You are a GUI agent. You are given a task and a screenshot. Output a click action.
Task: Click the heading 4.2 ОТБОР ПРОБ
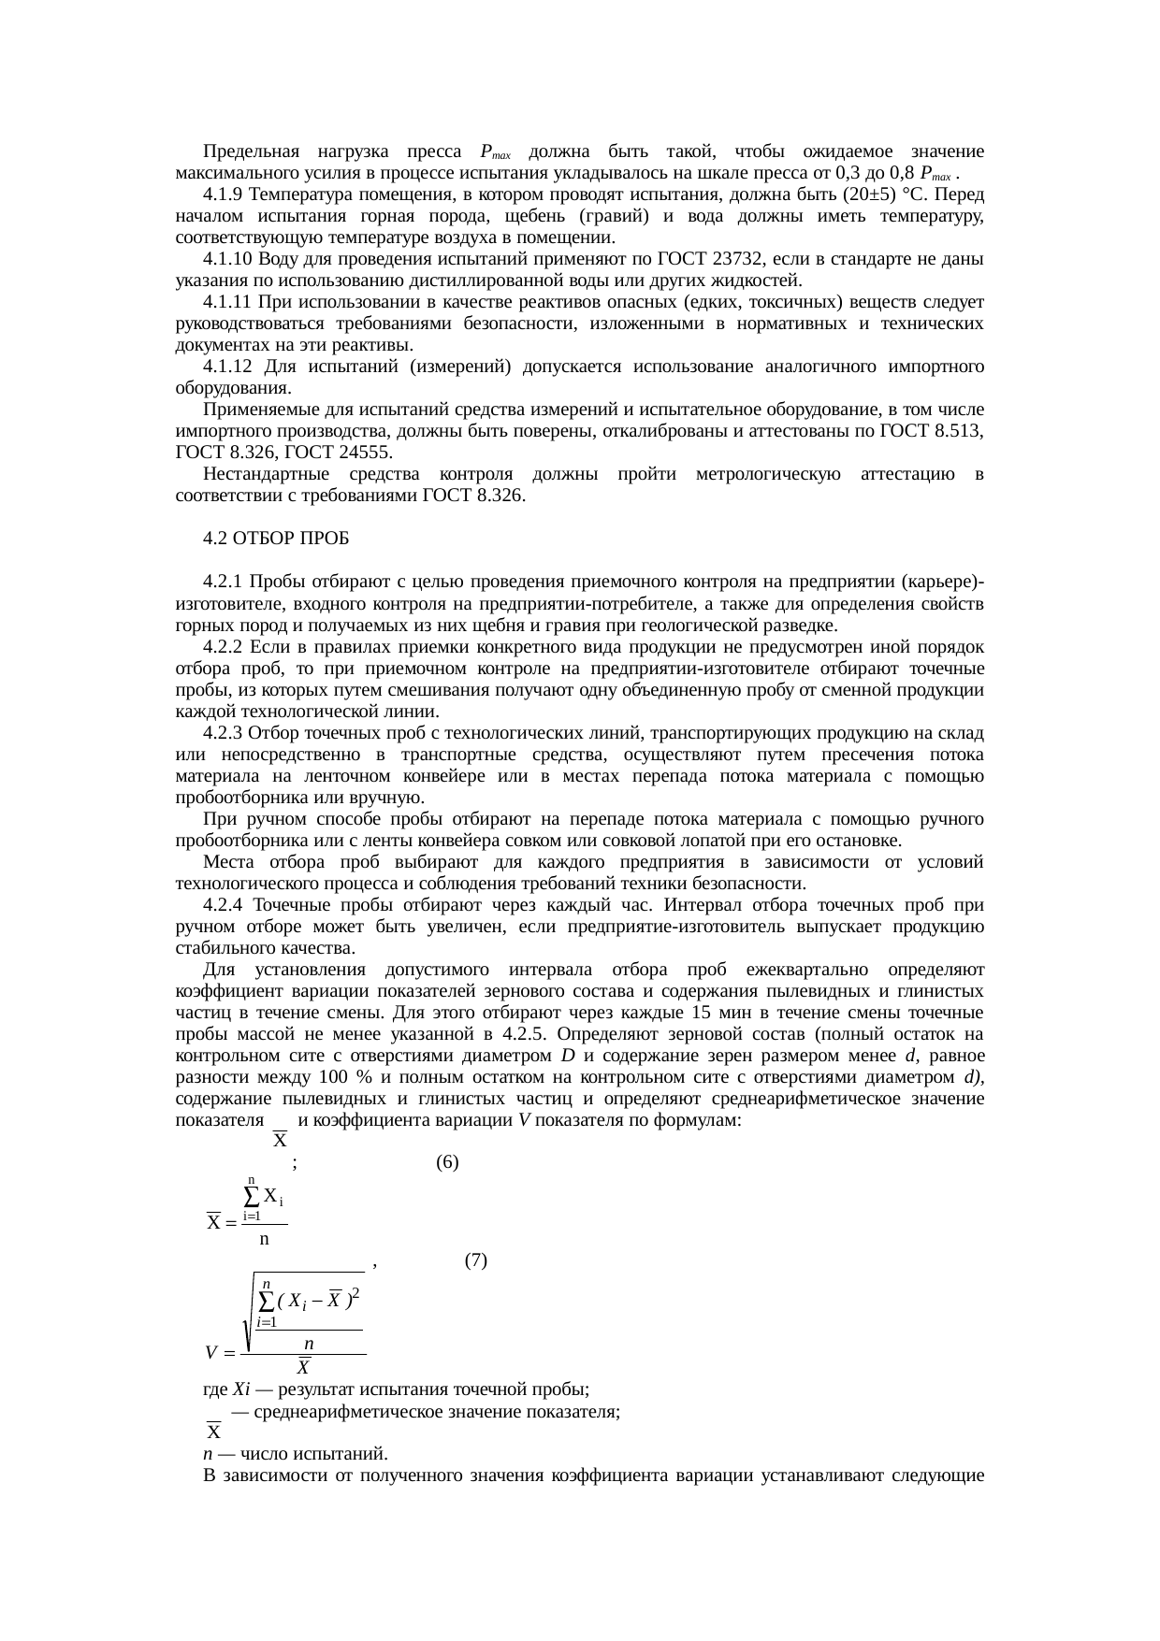point(275,539)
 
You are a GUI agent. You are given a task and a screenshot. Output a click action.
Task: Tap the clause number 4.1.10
point(227,259)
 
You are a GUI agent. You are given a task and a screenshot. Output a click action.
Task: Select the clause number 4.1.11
point(227,302)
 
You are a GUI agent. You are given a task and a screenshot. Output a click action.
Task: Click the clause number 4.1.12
point(227,367)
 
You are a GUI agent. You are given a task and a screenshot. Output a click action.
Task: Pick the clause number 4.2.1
point(223,582)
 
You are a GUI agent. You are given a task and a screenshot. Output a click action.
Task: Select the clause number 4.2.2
point(223,647)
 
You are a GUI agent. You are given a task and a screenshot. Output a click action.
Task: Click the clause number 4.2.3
point(223,733)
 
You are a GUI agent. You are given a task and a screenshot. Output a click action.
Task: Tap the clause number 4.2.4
point(223,905)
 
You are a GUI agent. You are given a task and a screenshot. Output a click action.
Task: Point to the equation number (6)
point(447,1162)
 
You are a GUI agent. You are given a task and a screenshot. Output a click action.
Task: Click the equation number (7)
point(475,1260)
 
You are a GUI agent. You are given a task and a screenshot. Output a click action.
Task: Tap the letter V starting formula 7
point(212,1353)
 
